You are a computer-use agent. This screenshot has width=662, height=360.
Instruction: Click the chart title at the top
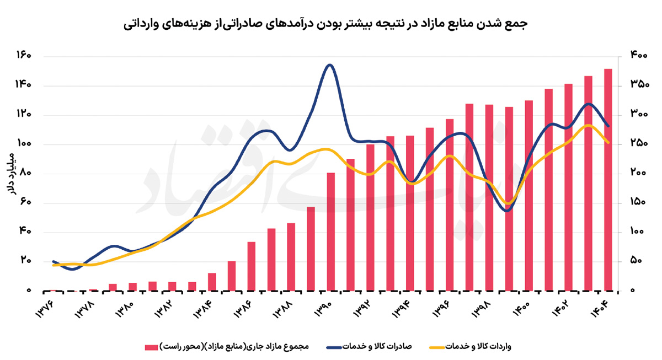pos(325,24)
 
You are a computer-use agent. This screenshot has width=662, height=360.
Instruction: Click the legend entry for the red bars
pos(227,346)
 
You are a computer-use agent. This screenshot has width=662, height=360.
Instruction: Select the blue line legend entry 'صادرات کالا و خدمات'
pos(369,346)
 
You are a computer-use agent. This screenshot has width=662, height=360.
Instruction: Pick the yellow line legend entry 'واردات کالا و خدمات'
pos(470,346)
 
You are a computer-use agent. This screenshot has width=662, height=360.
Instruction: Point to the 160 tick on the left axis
pos(24,55)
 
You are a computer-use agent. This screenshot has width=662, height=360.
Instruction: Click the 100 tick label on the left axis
pos(24,143)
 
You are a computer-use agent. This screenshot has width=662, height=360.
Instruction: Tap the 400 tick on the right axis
pos(639,55)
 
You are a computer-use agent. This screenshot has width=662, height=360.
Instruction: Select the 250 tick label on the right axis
pos(639,143)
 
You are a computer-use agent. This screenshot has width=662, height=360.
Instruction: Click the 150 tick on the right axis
pos(638,202)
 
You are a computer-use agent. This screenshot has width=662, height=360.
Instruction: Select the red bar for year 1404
pos(608,180)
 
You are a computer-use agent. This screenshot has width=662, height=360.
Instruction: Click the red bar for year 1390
pos(330,232)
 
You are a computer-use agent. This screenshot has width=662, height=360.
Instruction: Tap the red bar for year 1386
pos(252,266)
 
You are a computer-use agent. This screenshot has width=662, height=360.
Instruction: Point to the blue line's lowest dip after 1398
pos(508,211)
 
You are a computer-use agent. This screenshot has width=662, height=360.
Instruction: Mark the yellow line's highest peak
pos(588,125)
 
